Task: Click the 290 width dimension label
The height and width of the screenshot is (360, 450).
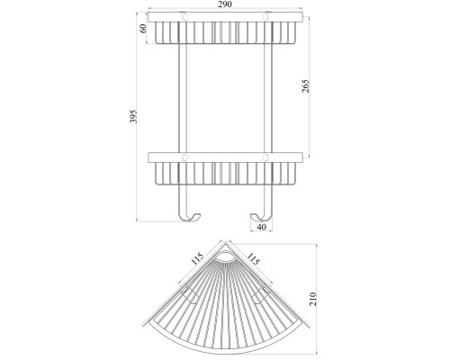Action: (x=225, y=4)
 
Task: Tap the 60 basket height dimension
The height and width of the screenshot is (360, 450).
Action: (x=143, y=28)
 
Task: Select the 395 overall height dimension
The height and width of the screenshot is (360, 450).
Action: (x=133, y=116)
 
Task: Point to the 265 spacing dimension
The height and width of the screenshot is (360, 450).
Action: (x=305, y=85)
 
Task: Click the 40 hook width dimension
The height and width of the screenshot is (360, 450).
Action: (x=261, y=227)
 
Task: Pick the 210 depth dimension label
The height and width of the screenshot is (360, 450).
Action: (x=312, y=299)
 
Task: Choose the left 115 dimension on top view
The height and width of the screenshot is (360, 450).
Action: (x=197, y=258)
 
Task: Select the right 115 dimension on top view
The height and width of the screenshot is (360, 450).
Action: (x=253, y=258)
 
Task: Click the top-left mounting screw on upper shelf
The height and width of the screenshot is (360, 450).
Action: (x=184, y=17)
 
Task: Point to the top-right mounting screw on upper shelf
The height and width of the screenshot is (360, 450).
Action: (x=266, y=17)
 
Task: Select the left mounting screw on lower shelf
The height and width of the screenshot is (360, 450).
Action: (x=184, y=157)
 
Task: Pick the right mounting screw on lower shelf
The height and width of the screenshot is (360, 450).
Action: (x=266, y=157)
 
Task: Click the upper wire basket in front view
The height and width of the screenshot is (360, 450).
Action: (x=226, y=32)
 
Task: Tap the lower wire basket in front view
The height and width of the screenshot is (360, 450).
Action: (x=226, y=173)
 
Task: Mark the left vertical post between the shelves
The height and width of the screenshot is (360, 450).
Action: (x=183, y=98)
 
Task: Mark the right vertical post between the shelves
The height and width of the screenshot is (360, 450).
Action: (x=268, y=98)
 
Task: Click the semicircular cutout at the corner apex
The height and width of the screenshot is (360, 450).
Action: (x=225, y=256)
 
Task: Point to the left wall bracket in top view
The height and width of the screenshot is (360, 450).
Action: (x=190, y=295)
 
